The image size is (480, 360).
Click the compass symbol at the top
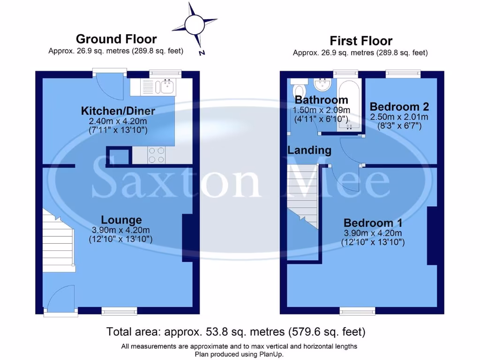pos(194,23)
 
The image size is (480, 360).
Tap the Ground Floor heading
pos(116,39)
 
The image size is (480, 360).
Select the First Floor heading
pos(361,41)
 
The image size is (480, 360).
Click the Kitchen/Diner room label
pos(118,111)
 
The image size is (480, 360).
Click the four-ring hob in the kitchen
pos(157,155)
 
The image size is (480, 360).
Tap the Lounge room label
pos(121,220)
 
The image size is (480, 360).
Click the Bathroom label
pos(322,100)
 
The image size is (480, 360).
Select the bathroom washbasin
pos(322,85)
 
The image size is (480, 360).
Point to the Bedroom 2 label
pos(399,106)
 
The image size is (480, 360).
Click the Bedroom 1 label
pos(373,223)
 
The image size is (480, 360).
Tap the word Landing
pos(309,150)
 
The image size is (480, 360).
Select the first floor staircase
pos(302,195)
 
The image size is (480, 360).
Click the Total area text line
pos(236,332)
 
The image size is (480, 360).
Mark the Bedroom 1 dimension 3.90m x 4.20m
pos(373,233)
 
